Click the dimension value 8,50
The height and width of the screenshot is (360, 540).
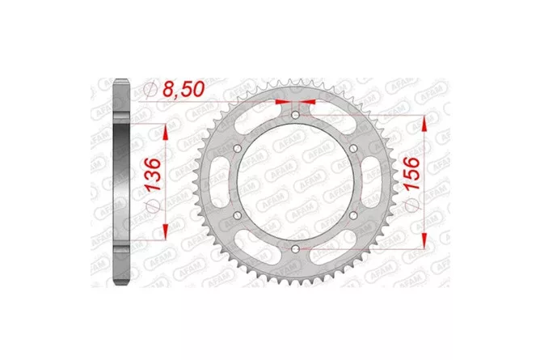pyautogui.click(x=184, y=89)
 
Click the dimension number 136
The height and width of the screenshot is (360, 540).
pyautogui.click(x=153, y=174)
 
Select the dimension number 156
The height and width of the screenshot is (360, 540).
pyautogui.click(x=412, y=173)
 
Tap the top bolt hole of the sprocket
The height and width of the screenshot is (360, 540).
pyautogui.click(x=296, y=115)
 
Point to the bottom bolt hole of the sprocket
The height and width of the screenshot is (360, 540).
pyautogui.click(x=296, y=248)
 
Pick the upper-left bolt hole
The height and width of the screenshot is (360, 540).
pyautogui.click(x=238, y=149)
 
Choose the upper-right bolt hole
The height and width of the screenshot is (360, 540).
pyautogui.click(x=353, y=149)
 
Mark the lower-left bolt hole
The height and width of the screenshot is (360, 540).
pyautogui.click(x=238, y=216)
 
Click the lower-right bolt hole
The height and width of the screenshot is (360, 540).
pyautogui.click(x=353, y=216)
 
